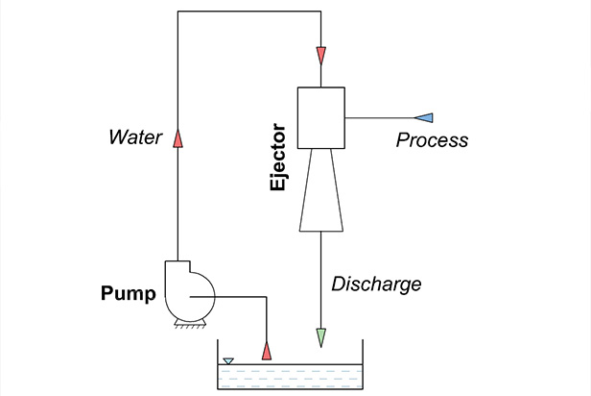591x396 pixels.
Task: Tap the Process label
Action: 432,140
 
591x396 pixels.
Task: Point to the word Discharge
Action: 376,285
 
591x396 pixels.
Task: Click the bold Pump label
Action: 129,293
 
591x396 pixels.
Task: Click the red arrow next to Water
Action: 177,140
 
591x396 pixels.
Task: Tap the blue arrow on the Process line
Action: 426,117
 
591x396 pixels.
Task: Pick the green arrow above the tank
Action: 320,338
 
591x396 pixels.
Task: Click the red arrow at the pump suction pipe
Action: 267,345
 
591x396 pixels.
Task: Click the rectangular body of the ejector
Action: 320,117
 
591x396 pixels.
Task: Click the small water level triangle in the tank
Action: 228,362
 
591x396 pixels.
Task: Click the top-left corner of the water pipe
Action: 177,12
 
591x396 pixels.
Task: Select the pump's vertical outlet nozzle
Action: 177,268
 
